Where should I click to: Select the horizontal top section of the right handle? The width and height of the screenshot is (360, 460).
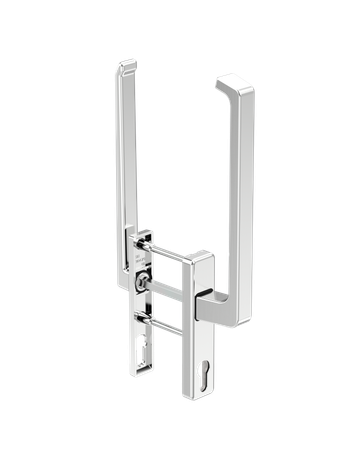pyautogui.click(x=225, y=78)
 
